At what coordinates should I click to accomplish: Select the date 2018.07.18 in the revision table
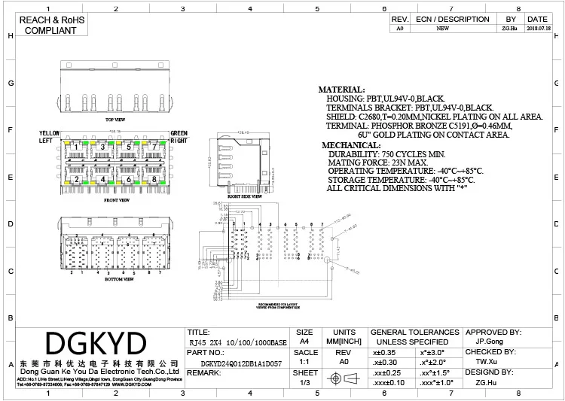click(537, 29)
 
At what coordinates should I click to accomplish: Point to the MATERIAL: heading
click(341, 90)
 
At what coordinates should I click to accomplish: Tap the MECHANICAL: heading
click(352, 144)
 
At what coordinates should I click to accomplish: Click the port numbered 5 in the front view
click(129, 147)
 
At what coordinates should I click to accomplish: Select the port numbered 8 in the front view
click(154, 180)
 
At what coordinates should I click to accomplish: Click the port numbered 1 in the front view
click(75, 147)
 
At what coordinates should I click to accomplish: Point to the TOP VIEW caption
click(115, 120)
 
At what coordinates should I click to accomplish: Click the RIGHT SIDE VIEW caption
click(246, 196)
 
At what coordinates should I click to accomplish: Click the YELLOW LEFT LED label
click(49, 137)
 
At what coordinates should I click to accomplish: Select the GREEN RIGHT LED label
click(179, 137)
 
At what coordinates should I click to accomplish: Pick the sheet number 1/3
click(304, 383)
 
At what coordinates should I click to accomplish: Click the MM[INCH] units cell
click(344, 342)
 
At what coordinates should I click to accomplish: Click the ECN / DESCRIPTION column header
click(452, 19)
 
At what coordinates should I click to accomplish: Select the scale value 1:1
click(304, 362)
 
